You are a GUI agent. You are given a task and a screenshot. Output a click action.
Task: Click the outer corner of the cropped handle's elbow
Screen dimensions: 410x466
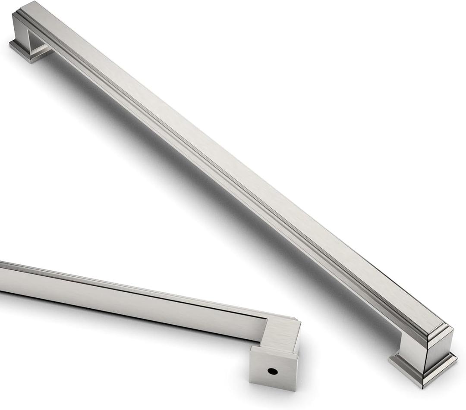click(x=298, y=321)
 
